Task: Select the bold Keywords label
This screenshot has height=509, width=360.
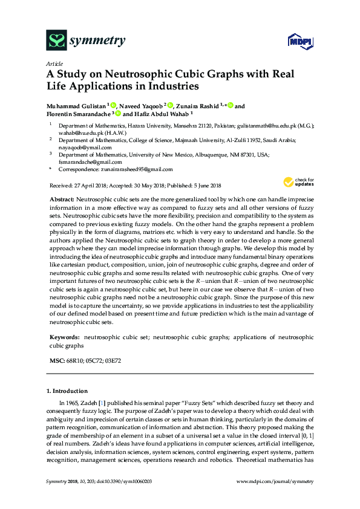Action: [64, 336]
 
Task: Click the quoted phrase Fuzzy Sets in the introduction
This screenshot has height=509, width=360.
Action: [192, 403]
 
